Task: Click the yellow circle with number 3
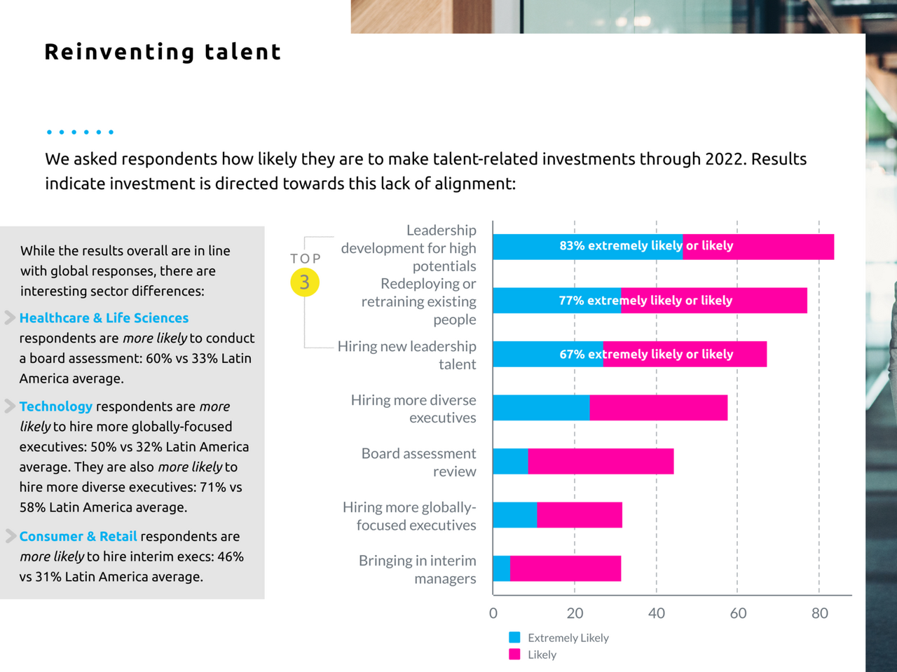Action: click(305, 282)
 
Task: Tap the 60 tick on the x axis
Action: click(738, 613)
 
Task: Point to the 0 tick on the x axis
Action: click(493, 613)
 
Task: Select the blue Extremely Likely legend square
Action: click(515, 638)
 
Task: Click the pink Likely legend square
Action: click(515, 654)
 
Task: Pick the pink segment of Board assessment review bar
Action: click(601, 462)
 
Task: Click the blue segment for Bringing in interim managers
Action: click(501, 568)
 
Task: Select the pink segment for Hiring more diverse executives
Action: click(658, 408)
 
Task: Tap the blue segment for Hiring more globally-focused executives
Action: click(514, 515)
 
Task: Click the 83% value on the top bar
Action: click(572, 246)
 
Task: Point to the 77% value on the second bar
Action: click(571, 301)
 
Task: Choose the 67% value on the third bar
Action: click(572, 355)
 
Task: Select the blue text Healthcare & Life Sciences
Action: click(104, 318)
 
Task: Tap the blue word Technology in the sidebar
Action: click(56, 406)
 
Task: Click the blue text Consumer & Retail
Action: click(78, 536)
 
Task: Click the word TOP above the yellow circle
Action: click(306, 259)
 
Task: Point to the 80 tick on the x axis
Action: click(820, 613)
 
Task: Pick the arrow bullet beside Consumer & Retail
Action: click(11, 536)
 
